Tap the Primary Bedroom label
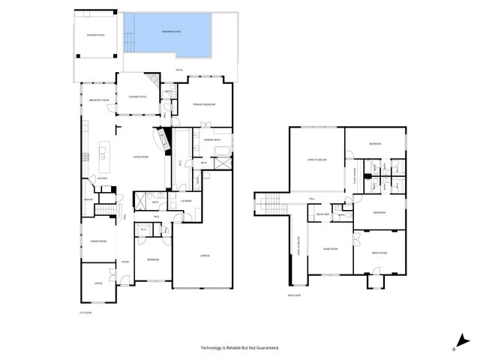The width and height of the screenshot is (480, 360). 203,104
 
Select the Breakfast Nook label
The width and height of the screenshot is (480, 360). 99,100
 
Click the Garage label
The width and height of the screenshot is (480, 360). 204,256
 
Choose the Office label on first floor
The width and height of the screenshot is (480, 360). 98,283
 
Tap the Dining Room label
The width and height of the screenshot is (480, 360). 98,241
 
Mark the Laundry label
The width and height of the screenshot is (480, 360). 185,200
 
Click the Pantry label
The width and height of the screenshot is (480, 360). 87,199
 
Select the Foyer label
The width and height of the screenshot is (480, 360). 124,262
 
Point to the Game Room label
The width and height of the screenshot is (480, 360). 331,248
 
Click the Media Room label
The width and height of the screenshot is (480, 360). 379,253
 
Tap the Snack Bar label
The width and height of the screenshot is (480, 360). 322,214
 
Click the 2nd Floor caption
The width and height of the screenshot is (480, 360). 294,295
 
